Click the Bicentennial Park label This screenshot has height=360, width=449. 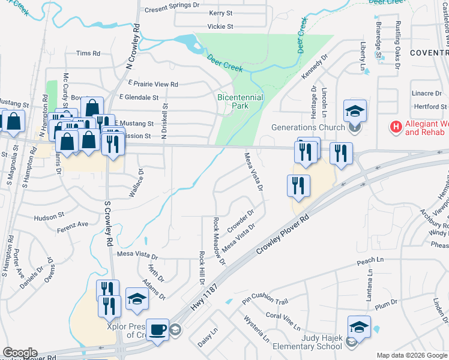tap(240, 101)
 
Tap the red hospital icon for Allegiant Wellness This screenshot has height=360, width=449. tap(396, 127)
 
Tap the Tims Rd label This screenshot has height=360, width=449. tap(88, 53)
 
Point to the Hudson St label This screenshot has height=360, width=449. tap(49, 217)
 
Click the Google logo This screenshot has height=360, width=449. tap(20, 353)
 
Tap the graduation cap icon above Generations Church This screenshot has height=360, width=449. tap(355, 111)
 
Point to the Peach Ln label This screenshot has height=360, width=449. tap(370, 260)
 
